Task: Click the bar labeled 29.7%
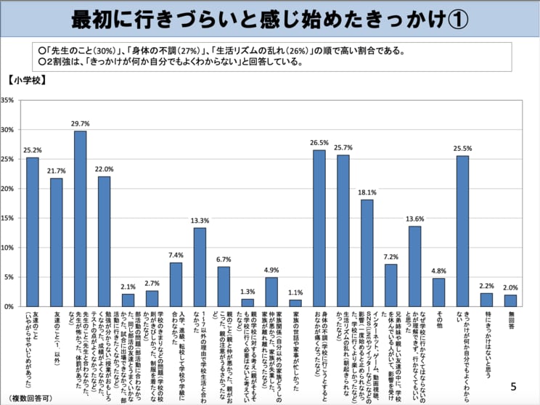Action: pos(80,218)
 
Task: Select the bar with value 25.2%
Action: pos(33,232)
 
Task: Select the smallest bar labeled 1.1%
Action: pos(295,303)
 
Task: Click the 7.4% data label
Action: pos(176,255)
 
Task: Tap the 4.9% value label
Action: pos(271,270)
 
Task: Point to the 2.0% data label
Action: pos(510,287)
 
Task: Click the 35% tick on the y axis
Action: pos(9,100)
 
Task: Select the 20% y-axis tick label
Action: pos(9,189)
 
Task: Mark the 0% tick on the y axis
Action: pos(10,306)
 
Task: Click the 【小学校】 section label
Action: pos(28,81)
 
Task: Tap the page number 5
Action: pos(514,386)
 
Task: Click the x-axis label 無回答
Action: pos(510,319)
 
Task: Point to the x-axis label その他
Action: pos(438,319)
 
